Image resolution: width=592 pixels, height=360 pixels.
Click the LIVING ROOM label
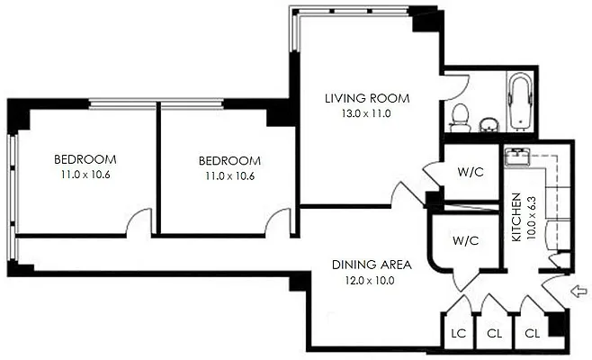(x=367, y=98)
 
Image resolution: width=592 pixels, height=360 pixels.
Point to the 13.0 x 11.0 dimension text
(x=367, y=113)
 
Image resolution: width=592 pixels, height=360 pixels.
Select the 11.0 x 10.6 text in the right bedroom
(x=229, y=175)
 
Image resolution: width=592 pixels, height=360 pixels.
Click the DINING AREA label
(x=372, y=265)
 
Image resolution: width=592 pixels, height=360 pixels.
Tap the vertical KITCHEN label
(x=516, y=220)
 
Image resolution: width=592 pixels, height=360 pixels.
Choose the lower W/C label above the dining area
(x=464, y=240)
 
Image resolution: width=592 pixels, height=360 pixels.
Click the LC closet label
(x=458, y=332)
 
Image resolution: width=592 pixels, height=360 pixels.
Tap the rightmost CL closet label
(x=532, y=332)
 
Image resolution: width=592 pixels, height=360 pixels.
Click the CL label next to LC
(x=494, y=332)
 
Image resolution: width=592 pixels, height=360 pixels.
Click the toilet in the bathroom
(x=460, y=115)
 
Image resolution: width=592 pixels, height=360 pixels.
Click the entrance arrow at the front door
(x=578, y=291)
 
